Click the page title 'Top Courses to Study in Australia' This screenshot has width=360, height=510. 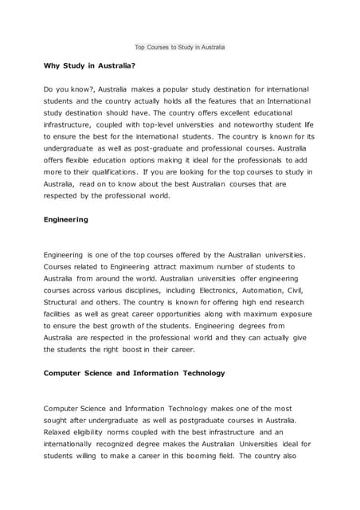pyautogui.click(x=180, y=47)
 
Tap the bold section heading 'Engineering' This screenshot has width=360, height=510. pyautogui.click(x=66, y=218)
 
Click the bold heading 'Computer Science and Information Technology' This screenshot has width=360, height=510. pyautogui.click(x=134, y=372)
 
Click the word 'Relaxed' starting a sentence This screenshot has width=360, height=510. pyautogui.click(x=60, y=431)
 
